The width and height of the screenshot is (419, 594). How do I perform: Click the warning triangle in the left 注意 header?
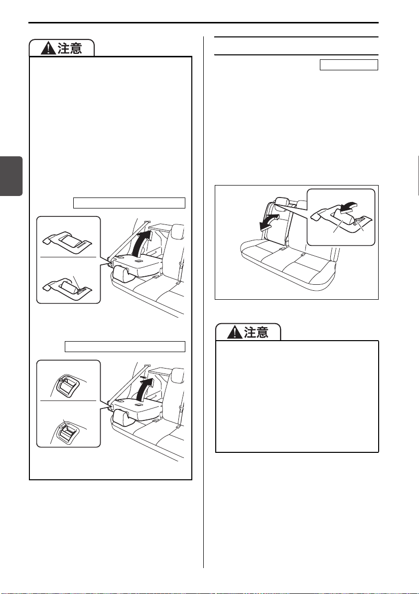click(x=48, y=48)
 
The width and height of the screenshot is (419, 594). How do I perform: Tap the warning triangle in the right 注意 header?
click(x=235, y=332)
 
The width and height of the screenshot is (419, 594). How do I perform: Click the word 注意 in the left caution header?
click(x=70, y=48)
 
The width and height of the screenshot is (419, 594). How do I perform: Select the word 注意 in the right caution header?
click(x=256, y=332)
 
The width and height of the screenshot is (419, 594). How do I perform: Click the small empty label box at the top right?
click(x=349, y=65)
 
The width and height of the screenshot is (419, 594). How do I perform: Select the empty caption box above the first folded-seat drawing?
click(x=129, y=202)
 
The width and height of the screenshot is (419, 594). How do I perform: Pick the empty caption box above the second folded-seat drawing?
click(x=125, y=347)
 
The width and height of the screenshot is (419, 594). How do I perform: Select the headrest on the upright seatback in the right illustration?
click(x=283, y=202)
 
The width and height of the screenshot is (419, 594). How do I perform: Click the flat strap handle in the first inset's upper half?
click(x=68, y=242)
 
